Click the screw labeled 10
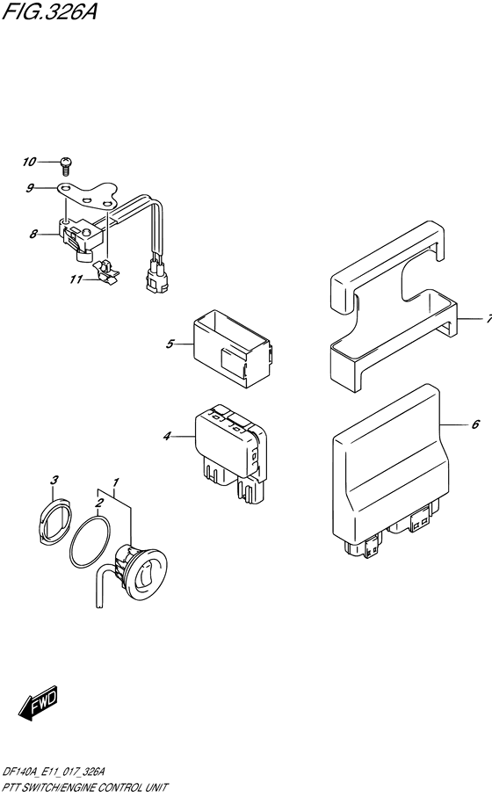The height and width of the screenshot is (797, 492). click(66, 163)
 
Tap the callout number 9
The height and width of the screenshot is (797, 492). click(30, 189)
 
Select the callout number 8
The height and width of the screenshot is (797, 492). click(33, 235)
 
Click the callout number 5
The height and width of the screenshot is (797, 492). click(170, 344)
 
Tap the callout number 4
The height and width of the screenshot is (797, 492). click(167, 436)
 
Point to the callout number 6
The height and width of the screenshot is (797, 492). click(475, 424)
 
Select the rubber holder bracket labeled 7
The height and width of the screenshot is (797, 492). click(394, 308)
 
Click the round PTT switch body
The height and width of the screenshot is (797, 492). click(142, 569)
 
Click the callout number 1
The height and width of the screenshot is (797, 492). click(116, 482)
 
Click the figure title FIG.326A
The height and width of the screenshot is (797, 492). click(50, 11)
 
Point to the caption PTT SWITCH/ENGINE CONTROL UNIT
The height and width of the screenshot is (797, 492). click(85, 788)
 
